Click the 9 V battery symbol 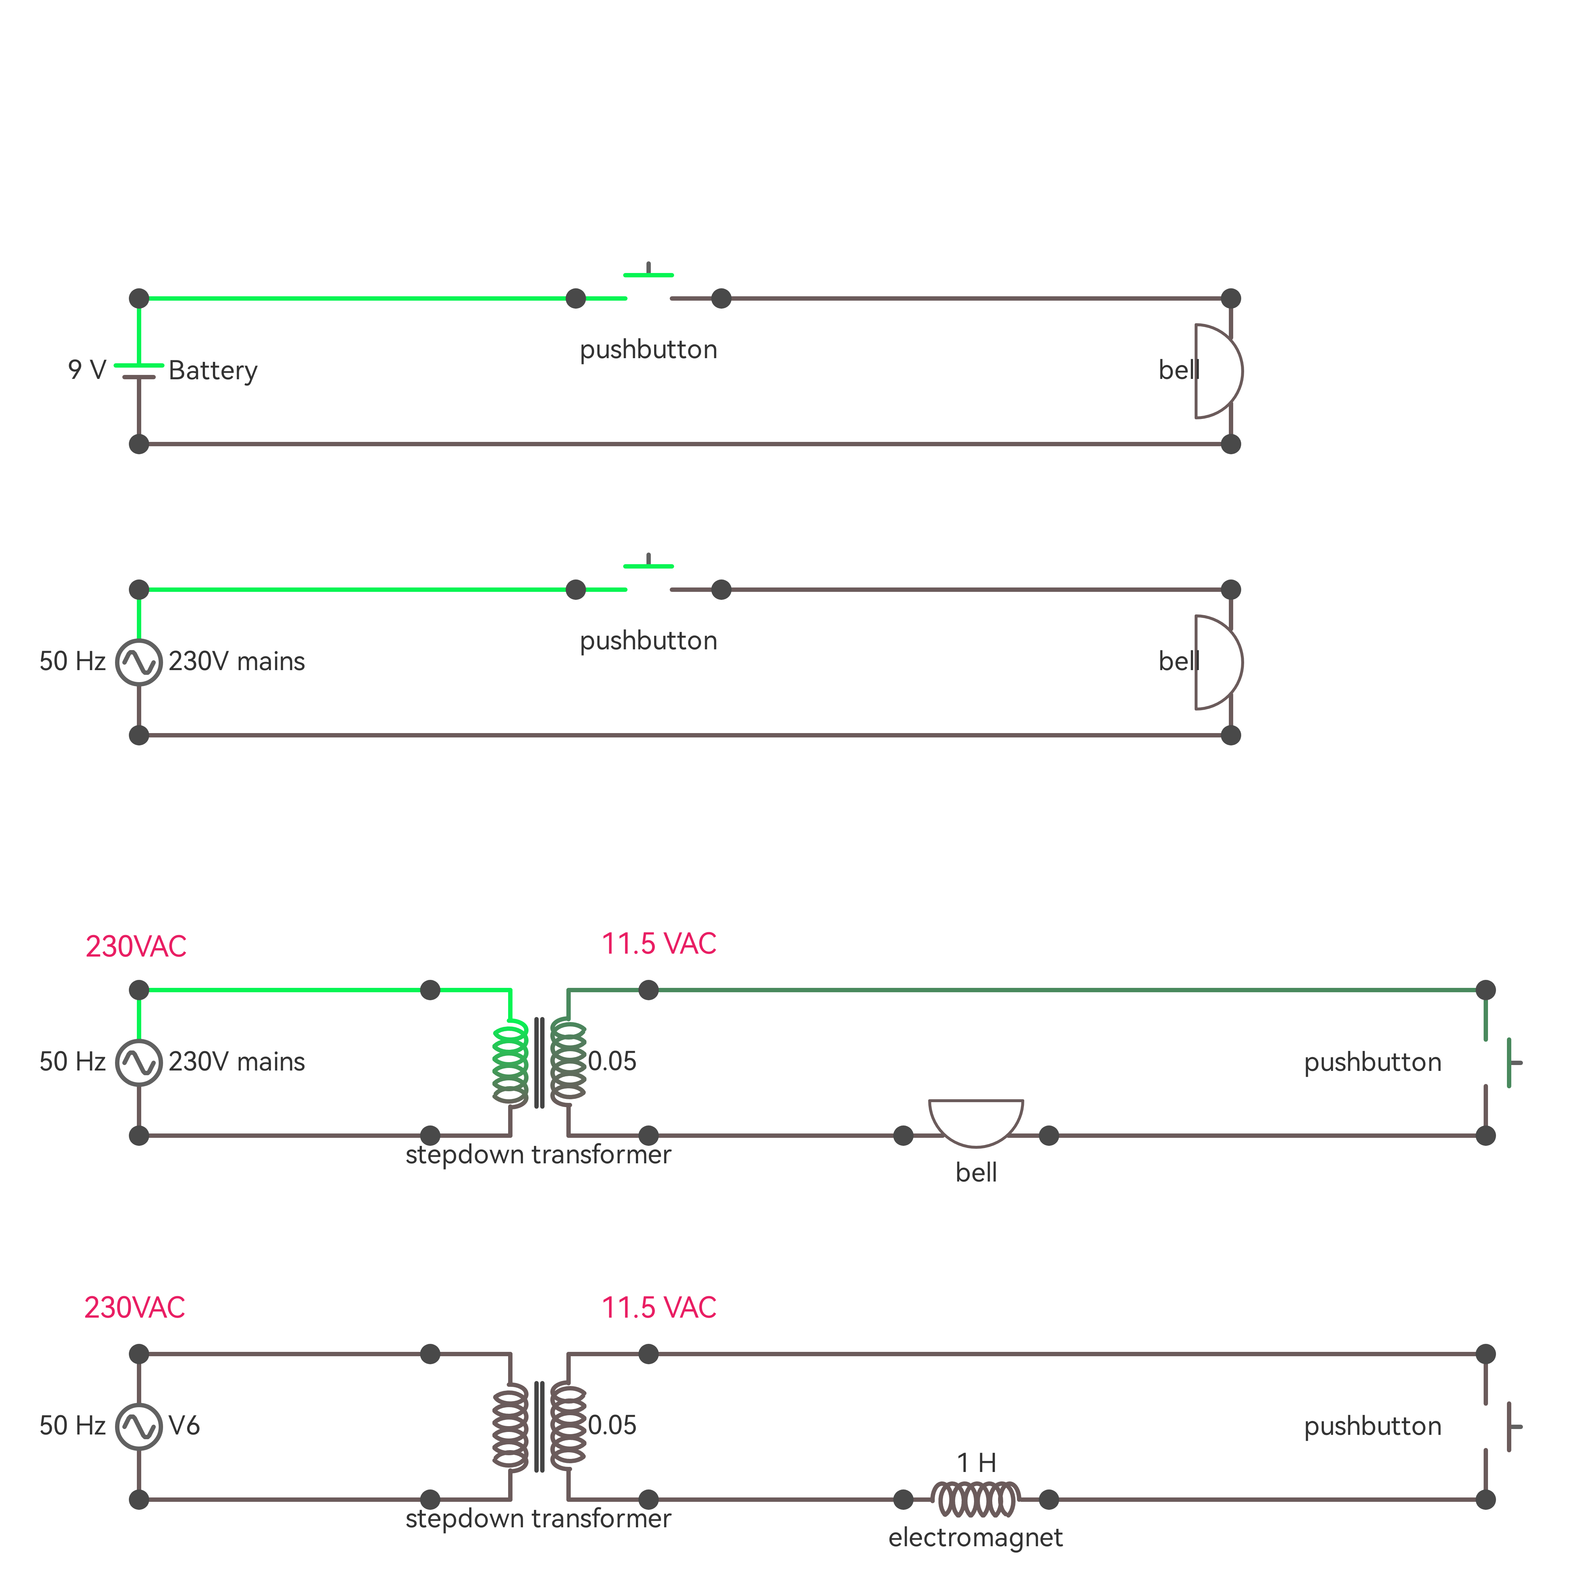(x=139, y=371)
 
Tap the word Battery (x=213, y=371)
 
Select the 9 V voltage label (x=87, y=370)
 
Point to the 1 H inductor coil (x=976, y=1499)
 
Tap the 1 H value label (x=976, y=1462)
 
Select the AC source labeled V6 (x=139, y=1427)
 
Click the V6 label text (x=184, y=1425)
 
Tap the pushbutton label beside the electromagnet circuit (x=1373, y=1426)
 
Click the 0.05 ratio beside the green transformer (x=612, y=1061)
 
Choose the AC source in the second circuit (x=139, y=662)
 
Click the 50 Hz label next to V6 (x=72, y=1425)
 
